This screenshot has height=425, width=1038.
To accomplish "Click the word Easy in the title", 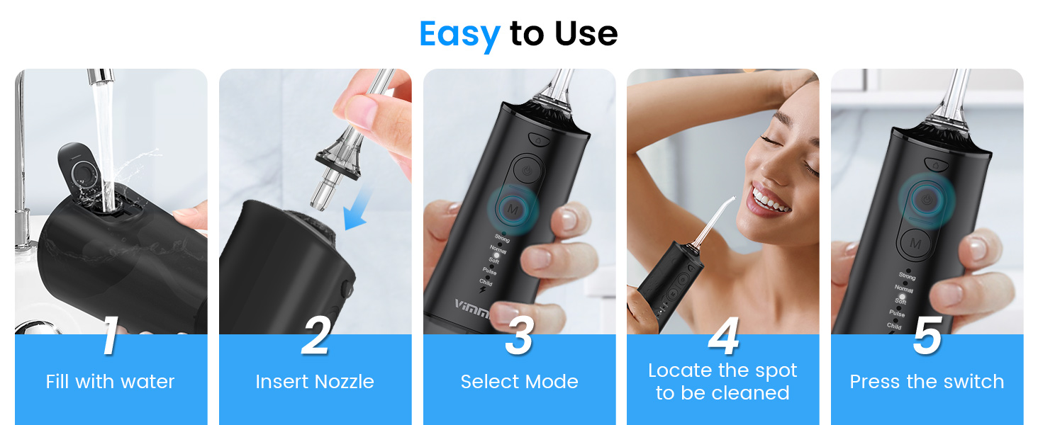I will click(x=459, y=34).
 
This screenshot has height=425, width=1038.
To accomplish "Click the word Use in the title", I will click(x=586, y=34).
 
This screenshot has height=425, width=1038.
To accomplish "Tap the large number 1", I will click(x=110, y=336).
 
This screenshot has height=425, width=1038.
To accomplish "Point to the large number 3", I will click(x=519, y=336).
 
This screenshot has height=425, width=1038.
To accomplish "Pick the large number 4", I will click(x=723, y=336).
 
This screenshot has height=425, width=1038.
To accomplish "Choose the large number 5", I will click(x=927, y=336).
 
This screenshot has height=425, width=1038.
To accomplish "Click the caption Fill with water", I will click(x=110, y=382).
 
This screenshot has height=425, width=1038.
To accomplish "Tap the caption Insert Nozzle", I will click(x=315, y=382).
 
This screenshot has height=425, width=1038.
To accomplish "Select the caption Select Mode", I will click(x=519, y=382).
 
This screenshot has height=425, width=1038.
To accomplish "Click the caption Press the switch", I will click(x=927, y=382).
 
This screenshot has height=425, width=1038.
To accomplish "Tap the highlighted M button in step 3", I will click(x=512, y=208).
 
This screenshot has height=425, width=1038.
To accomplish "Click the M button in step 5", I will click(x=915, y=244).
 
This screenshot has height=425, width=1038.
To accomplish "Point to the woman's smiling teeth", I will click(x=769, y=199).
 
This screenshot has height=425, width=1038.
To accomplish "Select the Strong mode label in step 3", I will click(x=502, y=239).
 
